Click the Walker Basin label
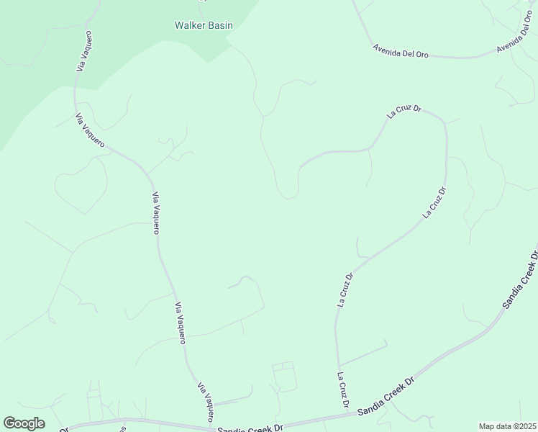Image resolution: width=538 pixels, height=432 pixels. [204, 25]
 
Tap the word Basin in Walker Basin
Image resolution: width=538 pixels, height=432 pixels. [220, 25]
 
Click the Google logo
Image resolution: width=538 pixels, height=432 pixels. [24, 423]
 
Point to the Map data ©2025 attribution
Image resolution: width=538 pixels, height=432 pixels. [508, 426]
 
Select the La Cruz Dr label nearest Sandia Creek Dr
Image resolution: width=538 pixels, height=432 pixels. [343, 391]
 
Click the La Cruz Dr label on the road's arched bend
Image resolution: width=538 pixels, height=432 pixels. [403, 111]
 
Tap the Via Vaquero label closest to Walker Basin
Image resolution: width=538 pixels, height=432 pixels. [85, 50]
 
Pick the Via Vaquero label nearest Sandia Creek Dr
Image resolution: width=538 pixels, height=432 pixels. [206, 402]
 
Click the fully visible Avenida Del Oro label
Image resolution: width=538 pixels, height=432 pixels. [401, 51]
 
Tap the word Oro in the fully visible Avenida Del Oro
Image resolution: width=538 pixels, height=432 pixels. [421, 54]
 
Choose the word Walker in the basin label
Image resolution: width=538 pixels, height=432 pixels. [188, 25]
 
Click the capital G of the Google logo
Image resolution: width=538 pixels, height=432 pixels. [10, 423]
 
